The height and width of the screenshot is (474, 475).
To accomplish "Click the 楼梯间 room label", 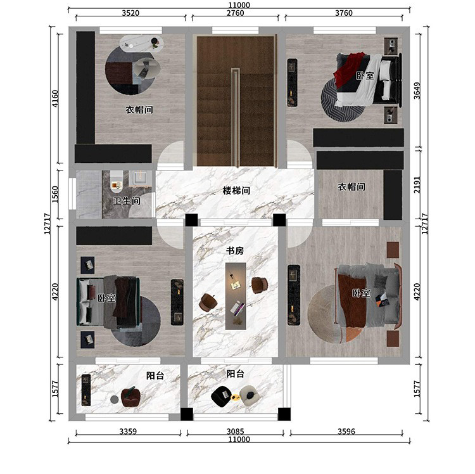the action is (x=236, y=191).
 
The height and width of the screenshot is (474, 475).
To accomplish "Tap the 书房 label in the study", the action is (x=235, y=251).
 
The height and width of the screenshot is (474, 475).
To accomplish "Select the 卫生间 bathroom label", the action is (x=127, y=201).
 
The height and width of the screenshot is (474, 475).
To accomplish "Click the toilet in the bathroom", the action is (x=117, y=181).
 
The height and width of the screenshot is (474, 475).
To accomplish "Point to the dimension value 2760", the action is (x=235, y=13).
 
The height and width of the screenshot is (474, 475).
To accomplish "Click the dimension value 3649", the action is (x=417, y=91).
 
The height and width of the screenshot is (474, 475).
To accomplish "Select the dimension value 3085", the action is (x=236, y=432).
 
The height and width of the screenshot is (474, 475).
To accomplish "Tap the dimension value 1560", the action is (x=55, y=195).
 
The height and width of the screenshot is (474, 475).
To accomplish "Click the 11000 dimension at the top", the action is (x=239, y=5).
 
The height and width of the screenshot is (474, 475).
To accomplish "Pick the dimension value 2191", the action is (x=417, y=185).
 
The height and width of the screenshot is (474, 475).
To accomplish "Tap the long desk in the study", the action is (x=236, y=296).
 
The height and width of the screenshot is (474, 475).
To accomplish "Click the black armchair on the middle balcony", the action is (x=222, y=397).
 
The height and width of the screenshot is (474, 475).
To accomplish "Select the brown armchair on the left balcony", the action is (x=131, y=397).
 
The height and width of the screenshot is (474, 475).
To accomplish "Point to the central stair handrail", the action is (x=236, y=117).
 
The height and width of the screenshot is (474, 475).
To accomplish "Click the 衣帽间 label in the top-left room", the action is (x=139, y=110).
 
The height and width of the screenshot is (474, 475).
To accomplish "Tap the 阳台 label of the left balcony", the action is (x=155, y=376).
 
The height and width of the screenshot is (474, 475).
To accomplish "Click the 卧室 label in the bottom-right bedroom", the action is (x=361, y=293).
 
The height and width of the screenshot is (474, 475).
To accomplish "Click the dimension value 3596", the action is (x=346, y=432).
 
